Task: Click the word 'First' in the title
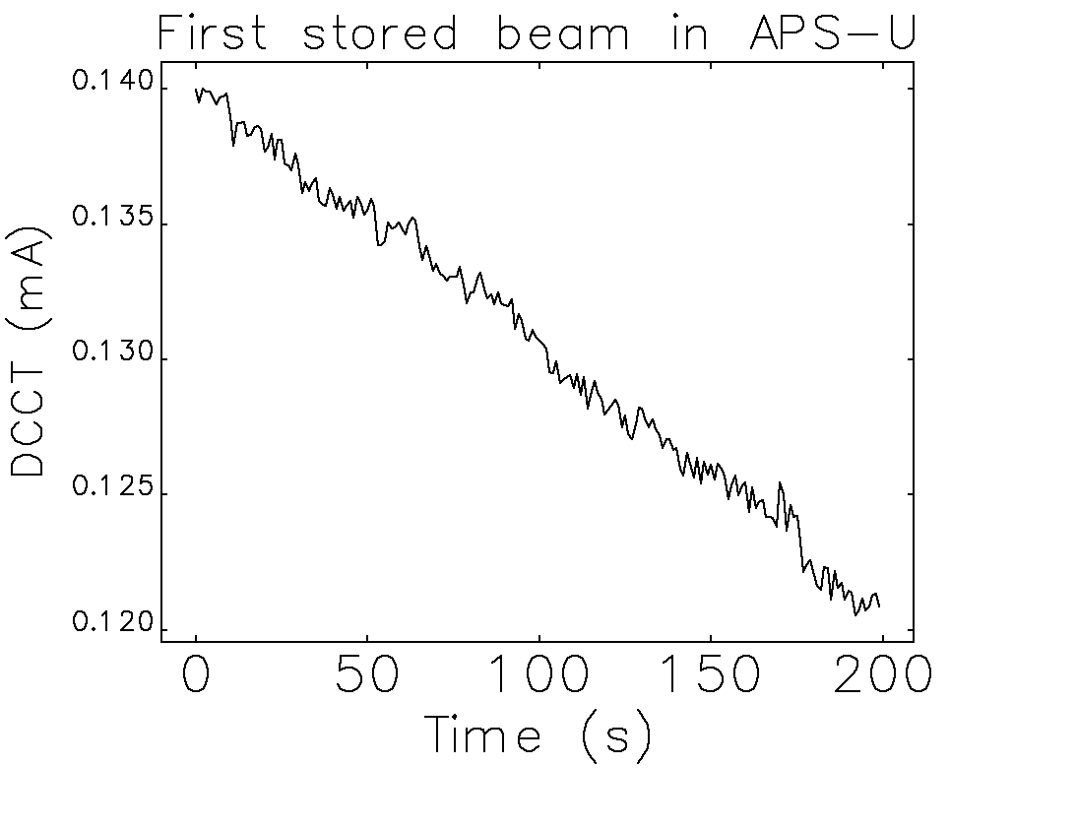coord(211,34)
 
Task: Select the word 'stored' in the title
coord(379,34)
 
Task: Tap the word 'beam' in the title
coord(562,34)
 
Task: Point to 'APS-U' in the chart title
coord(832,34)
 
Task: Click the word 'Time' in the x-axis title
coord(482,735)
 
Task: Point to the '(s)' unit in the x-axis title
coord(616,736)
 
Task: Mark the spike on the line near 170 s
coord(780,483)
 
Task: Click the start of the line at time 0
coord(197,90)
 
